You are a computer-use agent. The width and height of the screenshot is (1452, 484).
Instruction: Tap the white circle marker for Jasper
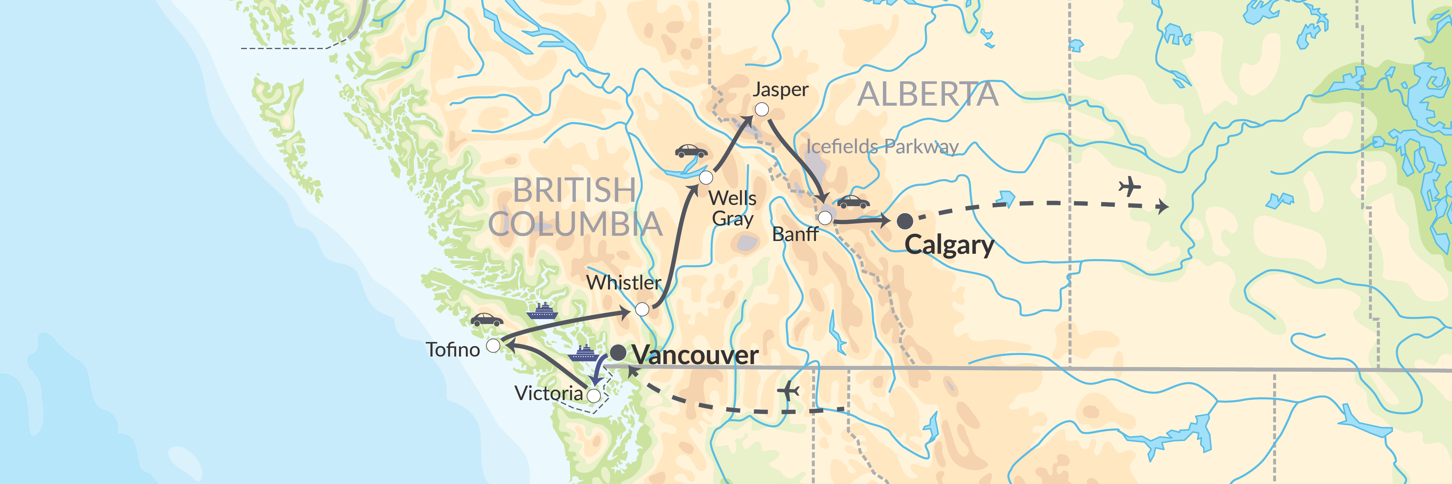[x=761, y=109]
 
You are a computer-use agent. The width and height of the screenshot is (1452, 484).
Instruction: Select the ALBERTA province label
[x=927, y=95]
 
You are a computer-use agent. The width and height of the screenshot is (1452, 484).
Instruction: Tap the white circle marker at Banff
[x=825, y=218]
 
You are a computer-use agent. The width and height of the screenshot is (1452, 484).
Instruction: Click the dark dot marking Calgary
[x=905, y=221]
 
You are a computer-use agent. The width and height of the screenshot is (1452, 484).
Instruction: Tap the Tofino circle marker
[x=493, y=346]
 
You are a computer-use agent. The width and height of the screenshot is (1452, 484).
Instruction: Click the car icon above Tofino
[x=486, y=320]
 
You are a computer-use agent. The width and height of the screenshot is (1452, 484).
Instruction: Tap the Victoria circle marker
[x=594, y=396]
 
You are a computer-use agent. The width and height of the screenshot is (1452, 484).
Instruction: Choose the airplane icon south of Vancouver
[x=788, y=391]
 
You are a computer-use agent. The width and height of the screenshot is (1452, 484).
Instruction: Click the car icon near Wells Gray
[x=691, y=151]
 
